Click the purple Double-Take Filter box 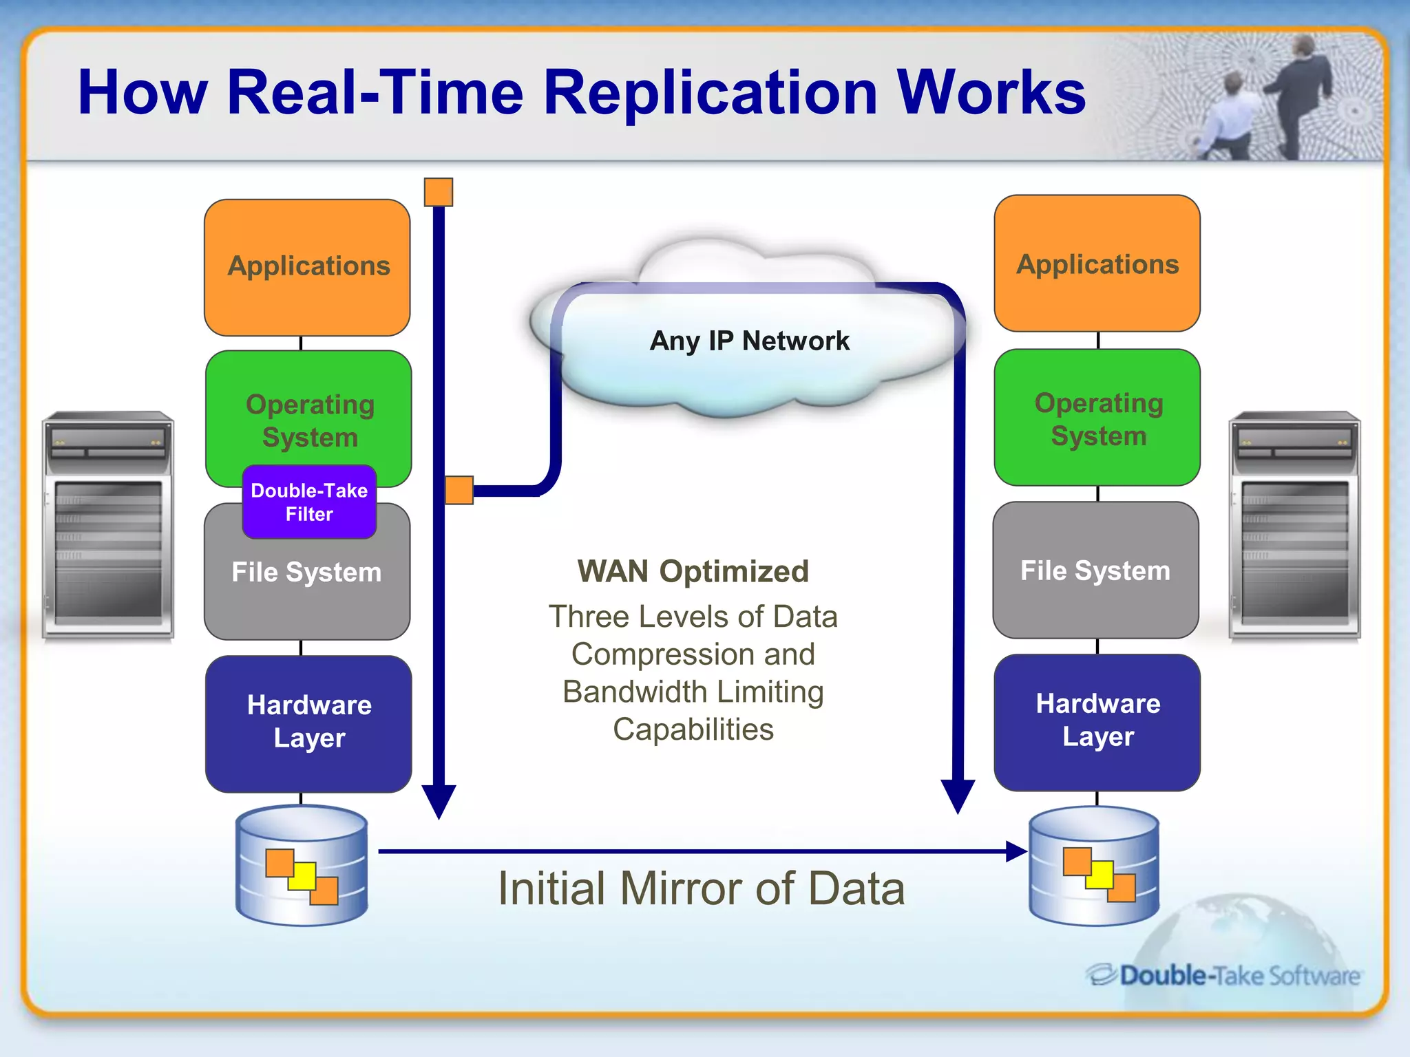pos(309,502)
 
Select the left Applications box pos(308,267)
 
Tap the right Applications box pos(1097,264)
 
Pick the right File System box pos(1095,570)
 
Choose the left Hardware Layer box pos(309,723)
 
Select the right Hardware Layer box pos(1097,721)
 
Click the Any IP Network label pos(749,341)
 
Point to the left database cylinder pos(302,866)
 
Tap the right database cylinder pos(1094,866)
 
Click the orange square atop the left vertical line pos(439,192)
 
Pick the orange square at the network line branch pos(459,490)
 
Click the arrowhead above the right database pos(958,796)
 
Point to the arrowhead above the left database pos(439,800)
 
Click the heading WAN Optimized pos(693,571)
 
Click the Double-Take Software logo pos(1223,975)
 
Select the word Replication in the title pos(710,93)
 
